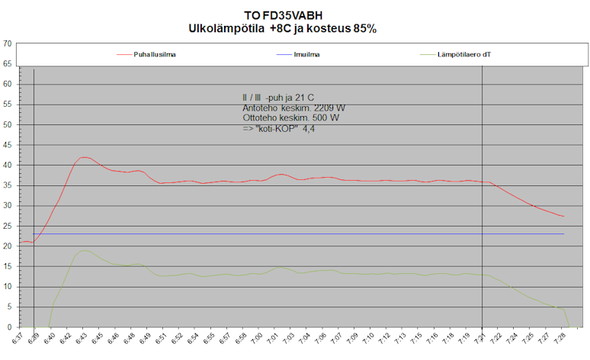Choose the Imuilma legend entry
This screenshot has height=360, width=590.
(306, 55)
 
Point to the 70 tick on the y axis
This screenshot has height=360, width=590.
(7, 43)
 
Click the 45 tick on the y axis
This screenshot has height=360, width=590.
(7, 145)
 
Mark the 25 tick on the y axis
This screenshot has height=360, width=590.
(7, 226)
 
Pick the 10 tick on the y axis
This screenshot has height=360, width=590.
(7, 287)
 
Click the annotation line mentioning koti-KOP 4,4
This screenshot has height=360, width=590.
(279, 130)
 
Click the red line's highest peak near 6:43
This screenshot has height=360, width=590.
(83, 157)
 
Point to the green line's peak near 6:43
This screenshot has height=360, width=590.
(83, 250)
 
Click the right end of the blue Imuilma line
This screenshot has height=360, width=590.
(563, 234)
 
